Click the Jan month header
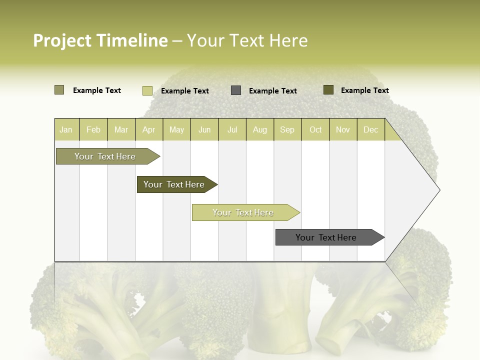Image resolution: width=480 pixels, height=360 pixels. pyautogui.click(x=66, y=129)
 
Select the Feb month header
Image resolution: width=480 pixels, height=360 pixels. pyautogui.click(x=93, y=129)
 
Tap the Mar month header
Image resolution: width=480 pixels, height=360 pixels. pyautogui.click(x=121, y=129)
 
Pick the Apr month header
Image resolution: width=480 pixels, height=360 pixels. pyautogui.click(x=149, y=129)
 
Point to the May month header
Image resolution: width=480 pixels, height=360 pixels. pyautogui.click(x=176, y=129)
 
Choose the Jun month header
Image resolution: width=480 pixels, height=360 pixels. pyautogui.click(x=204, y=129)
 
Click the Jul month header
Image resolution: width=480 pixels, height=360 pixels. pyautogui.click(x=232, y=129)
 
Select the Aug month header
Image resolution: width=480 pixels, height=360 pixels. pyautogui.click(x=260, y=129)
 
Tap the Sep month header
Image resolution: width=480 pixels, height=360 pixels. pyautogui.click(x=287, y=129)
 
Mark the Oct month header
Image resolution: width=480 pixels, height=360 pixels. pyautogui.click(x=315, y=129)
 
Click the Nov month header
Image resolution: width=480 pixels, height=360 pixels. pyautogui.click(x=343, y=129)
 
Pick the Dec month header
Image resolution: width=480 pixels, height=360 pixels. pyautogui.click(x=371, y=129)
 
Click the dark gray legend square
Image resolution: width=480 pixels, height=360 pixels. pyautogui.click(x=236, y=90)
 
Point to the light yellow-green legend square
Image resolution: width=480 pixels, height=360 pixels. pyautogui.click(x=147, y=90)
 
